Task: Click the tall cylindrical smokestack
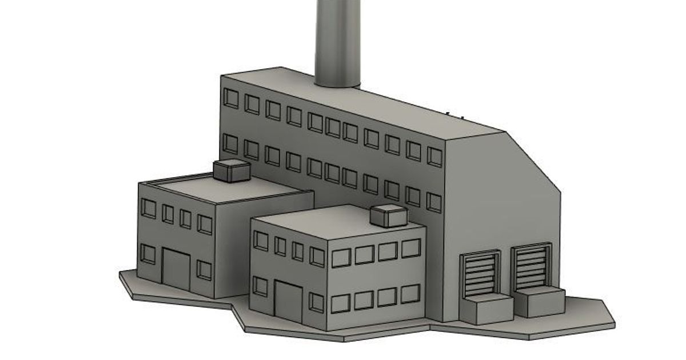click(x=337, y=40)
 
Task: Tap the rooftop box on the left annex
click(x=232, y=170)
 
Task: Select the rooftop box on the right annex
click(x=389, y=215)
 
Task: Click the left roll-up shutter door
click(x=480, y=275)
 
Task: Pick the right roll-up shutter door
click(x=532, y=267)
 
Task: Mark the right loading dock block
click(x=539, y=301)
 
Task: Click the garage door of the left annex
click(x=176, y=269)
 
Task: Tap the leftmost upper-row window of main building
click(x=230, y=98)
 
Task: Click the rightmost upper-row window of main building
click(x=434, y=157)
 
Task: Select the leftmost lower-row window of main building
click(x=230, y=143)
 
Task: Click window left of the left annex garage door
click(x=148, y=254)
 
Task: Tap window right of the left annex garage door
click(x=204, y=269)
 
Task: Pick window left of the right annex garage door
click(x=260, y=286)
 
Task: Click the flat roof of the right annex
click(x=332, y=221)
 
